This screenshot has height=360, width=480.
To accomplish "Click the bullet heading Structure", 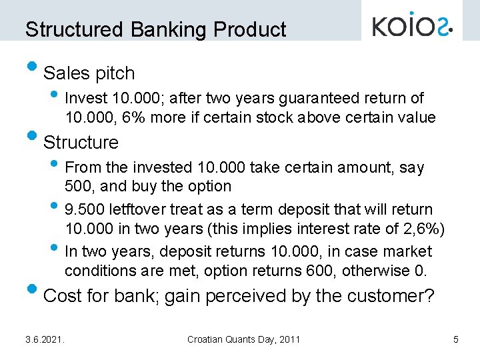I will [x=81, y=143].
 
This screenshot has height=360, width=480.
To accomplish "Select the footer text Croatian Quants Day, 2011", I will [x=243, y=340].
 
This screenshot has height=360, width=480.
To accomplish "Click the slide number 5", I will [x=455, y=340].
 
